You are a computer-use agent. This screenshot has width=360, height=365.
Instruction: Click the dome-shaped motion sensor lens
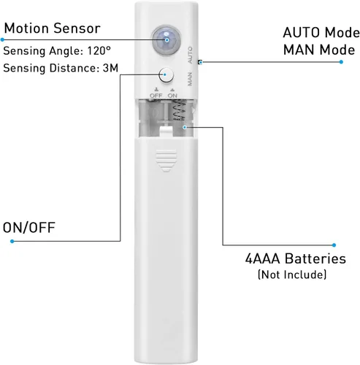[x=166, y=41]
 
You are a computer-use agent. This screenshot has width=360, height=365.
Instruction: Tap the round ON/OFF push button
[x=166, y=74]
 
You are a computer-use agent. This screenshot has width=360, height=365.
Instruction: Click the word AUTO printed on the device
[x=190, y=55]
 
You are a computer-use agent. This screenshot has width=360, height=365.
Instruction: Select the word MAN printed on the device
[x=190, y=79]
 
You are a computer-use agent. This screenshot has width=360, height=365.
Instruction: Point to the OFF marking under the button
[x=156, y=96]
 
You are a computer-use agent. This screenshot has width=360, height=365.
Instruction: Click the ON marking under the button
[x=172, y=96]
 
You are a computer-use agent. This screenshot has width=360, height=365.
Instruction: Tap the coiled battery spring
[x=180, y=111]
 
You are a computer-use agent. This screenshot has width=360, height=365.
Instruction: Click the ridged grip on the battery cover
[x=166, y=161]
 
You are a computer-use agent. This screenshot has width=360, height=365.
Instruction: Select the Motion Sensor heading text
[x=53, y=28]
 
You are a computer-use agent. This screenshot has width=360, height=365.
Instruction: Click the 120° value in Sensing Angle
[x=99, y=50]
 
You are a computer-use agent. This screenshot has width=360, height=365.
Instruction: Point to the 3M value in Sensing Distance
[x=110, y=68]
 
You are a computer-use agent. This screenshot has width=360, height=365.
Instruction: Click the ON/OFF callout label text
[x=29, y=228]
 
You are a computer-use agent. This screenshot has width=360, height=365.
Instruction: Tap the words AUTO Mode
[x=321, y=33]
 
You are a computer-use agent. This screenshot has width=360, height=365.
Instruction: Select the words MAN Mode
[x=319, y=50]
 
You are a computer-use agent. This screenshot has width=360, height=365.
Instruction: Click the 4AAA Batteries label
[x=296, y=258]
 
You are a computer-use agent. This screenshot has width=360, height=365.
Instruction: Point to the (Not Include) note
[x=292, y=274]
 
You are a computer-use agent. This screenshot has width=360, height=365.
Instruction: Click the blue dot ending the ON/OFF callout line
[x=12, y=241]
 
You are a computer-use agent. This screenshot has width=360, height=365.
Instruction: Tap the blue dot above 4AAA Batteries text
[x=334, y=245]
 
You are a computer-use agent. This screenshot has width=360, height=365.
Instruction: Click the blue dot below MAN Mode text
[x=341, y=62]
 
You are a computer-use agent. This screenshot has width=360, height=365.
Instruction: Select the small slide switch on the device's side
[x=200, y=62]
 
